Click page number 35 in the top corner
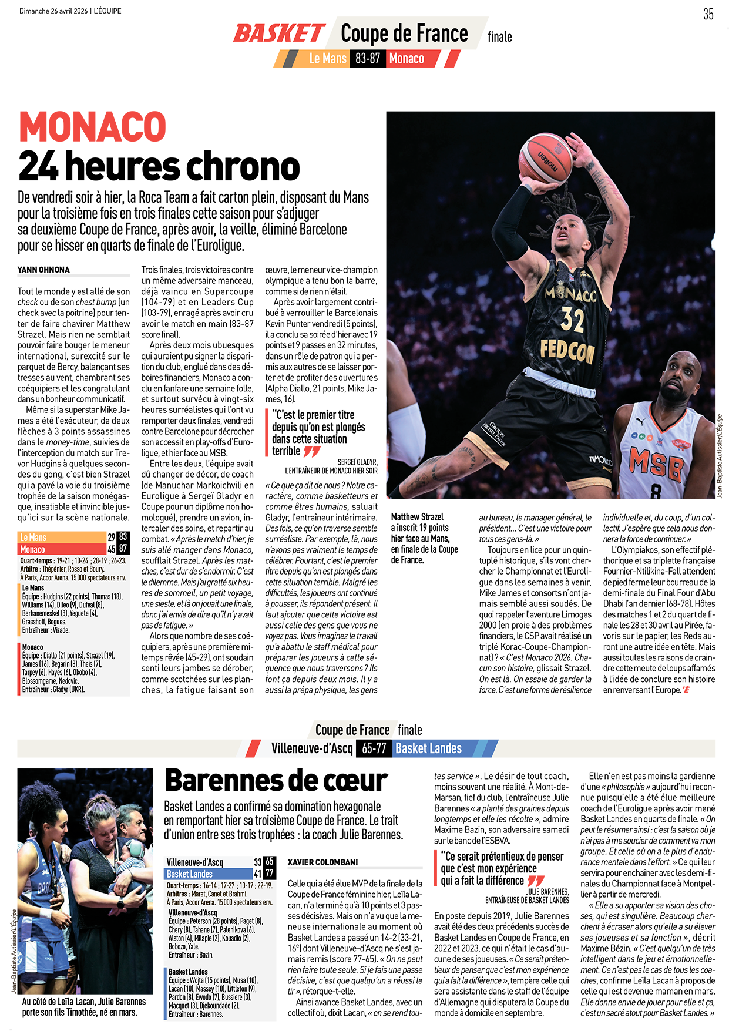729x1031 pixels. pos(708,14)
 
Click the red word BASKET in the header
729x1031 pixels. pos(279,33)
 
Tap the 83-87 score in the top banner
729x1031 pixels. pos(368,59)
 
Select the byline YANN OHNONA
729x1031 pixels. pos(43,270)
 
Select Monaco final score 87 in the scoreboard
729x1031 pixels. pos(123,549)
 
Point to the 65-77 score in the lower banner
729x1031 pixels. pos(374,748)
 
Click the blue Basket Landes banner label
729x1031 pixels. pos(428,748)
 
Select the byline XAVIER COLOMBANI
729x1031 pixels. pos(322,862)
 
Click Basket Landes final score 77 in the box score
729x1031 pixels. pos(269,874)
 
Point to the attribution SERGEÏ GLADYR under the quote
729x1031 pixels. pos(357,462)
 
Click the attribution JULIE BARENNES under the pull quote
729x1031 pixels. pos(547,891)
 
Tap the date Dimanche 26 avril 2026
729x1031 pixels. pos(53,11)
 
